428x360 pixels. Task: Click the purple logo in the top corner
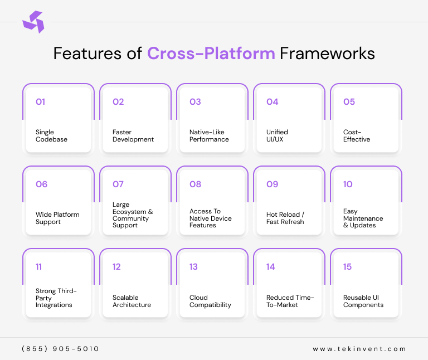coord(33,22)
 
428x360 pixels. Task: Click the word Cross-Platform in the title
coord(211,53)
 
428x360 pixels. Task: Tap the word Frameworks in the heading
coord(327,53)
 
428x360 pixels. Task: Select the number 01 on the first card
coord(40,102)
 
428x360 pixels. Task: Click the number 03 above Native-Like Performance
coord(195,102)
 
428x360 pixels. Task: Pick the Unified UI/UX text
coord(277,136)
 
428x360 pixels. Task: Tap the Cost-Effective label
coord(357,136)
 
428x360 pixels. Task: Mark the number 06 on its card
coord(41,184)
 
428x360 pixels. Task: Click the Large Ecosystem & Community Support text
coord(133,215)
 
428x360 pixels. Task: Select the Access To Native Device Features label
coord(211,218)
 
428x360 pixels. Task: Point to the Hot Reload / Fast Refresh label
coord(285,218)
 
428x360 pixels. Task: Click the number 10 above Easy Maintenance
coord(348,184)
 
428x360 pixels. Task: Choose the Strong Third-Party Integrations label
coord(56,298)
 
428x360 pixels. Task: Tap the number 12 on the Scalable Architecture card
coord(116,267)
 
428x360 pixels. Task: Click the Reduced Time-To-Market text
coord(290,301)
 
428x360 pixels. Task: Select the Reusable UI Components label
coord(363,301)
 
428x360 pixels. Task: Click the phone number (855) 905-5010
coord(60,349)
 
